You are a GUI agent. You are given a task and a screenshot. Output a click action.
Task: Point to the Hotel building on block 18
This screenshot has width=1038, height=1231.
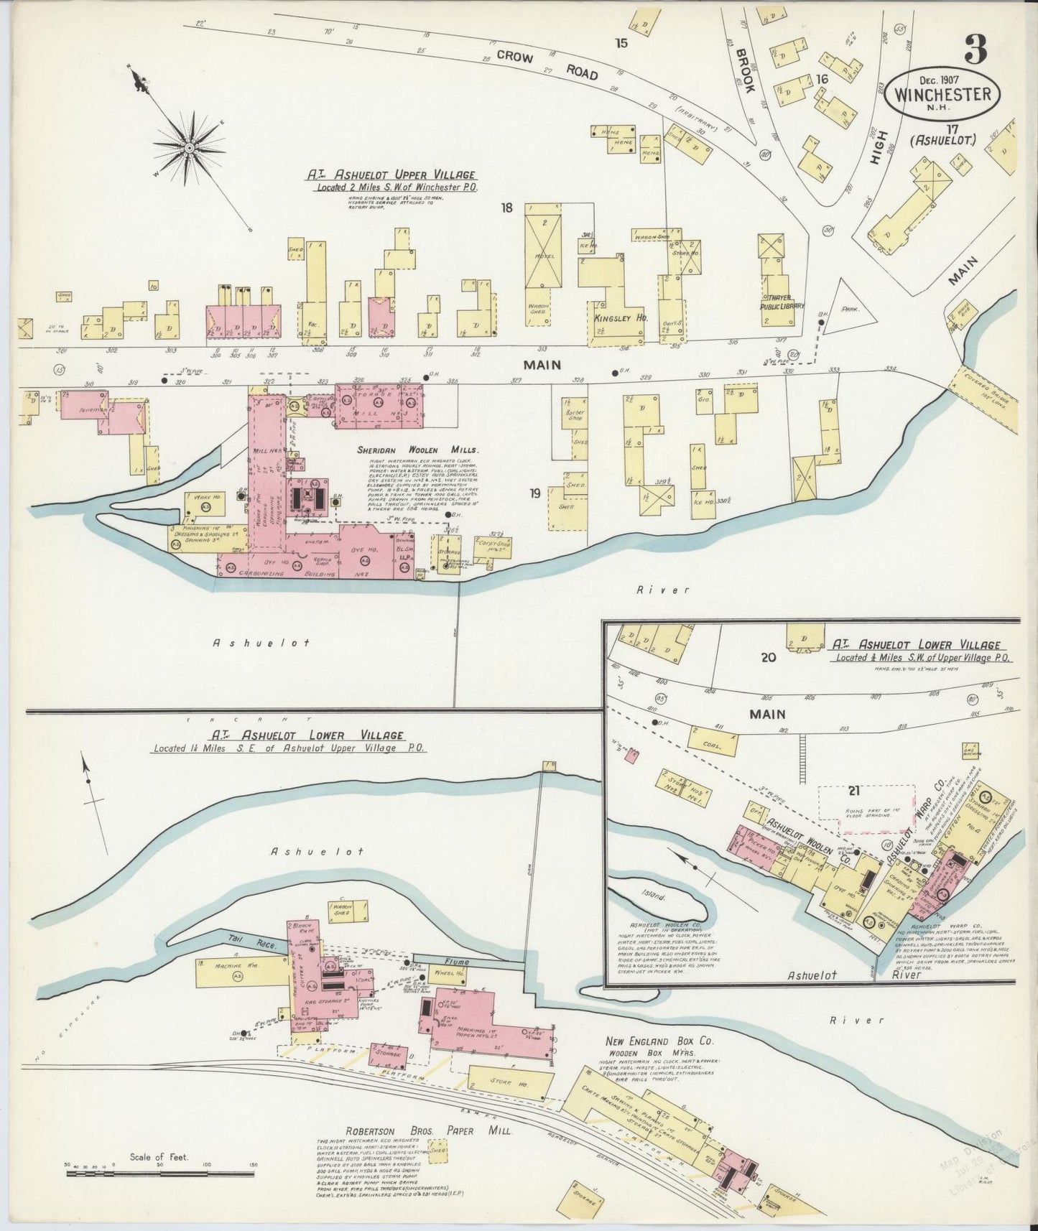(545, 256)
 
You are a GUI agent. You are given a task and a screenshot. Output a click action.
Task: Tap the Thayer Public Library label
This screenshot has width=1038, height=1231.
(782, 302)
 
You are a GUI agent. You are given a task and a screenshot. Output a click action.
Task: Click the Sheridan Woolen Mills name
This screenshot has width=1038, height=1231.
(417, 450)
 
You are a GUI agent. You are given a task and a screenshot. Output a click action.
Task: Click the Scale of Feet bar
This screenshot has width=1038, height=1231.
(159, 1174)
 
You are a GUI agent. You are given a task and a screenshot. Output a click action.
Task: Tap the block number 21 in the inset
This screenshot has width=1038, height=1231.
(853, 791)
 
